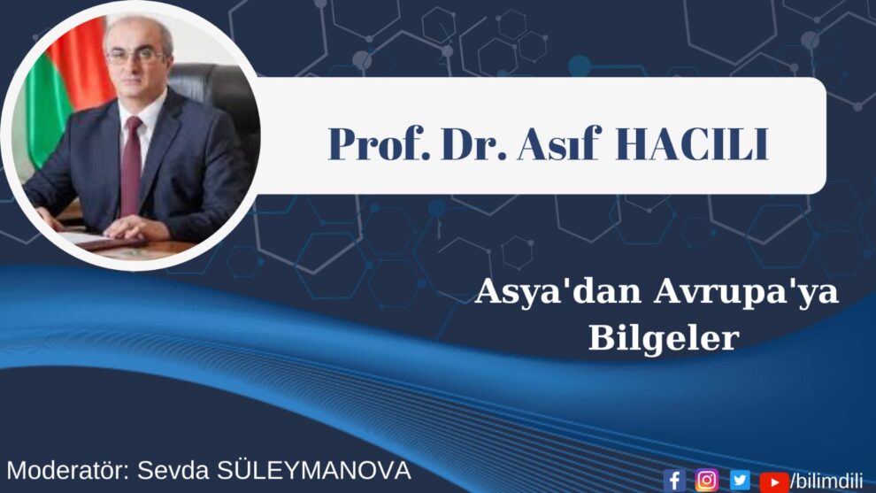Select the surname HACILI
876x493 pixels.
click(x=692, y=144)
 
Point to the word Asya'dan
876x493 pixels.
click(x=558, y=292)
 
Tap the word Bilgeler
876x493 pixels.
click(x=664, y=337)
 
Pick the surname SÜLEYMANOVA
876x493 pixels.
click(x=314, y=470)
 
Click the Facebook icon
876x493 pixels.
click(x=674, y=480)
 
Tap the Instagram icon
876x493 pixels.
click(x=707, y=480)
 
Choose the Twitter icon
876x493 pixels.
click(x=740, y=480)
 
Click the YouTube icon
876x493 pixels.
click(x=774, y=481)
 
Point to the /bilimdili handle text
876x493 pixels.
click(x=826, y=481)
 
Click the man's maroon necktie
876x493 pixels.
click(x=132, y=165)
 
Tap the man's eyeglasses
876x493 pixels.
click(x=135, y=56)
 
